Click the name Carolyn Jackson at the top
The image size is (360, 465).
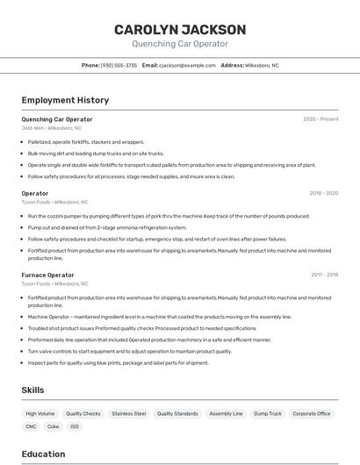tap(179, 29)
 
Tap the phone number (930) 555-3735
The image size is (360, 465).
tap(119, 65)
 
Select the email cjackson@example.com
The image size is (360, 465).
tap(186, 65)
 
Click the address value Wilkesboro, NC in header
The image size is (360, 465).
tap(262, 65)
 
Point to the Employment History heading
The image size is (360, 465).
tap(65, 100)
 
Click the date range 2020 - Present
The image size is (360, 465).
tap(320, 119)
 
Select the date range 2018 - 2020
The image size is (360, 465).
tap(324, 193)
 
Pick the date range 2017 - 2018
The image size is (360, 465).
tap(324, 275)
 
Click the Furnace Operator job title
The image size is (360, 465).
tap(47, 275)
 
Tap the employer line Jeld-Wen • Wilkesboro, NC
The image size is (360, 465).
tap(51, 128)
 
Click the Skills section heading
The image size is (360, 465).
tap(32, 390)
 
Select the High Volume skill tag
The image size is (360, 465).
tap(40, 413)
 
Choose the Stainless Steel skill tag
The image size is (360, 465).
tap(128, 413)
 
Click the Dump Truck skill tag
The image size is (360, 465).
tap(268, 413)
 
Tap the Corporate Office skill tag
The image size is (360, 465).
tap(312, 413)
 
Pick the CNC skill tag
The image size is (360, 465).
tap(31, 426)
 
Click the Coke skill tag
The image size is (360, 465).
tap(54, 426)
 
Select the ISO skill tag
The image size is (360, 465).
tap(75, 426)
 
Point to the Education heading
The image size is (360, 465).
tap(43, 454)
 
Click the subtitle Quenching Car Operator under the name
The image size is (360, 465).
tap(179, 44)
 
